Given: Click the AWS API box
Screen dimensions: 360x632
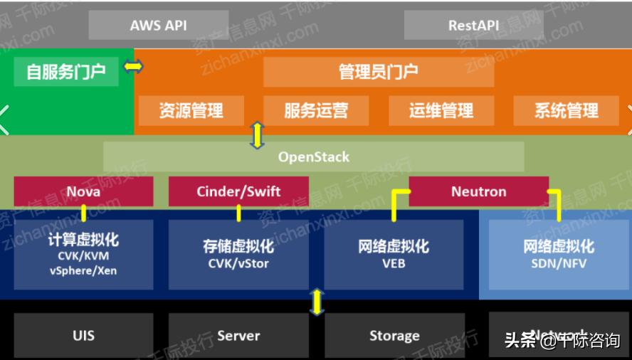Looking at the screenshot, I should click(x=158, y=25).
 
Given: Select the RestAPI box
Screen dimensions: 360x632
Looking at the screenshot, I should click(x=473, y=25).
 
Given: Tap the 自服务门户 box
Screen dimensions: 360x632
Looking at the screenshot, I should click(x=66, y=71).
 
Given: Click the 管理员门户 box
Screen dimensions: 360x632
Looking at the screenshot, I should click(x=378, y=71).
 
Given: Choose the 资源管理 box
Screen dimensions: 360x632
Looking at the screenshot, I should click(x=191, y=110).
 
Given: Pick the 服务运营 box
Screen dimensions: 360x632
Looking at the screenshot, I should click(x=316, y=110).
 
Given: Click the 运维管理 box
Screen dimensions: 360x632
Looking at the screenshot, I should click(x=441, y=110).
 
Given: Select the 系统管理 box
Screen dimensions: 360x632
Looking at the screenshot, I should click(x=567, y=110).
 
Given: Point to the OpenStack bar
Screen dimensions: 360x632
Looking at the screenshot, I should click(x=314, y=157).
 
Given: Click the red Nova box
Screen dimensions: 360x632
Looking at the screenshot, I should click(x=83, y=191).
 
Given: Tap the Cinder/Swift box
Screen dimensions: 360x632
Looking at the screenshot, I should click(x=238, y=191).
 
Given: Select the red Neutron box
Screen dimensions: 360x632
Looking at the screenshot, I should click(x=478, y=191).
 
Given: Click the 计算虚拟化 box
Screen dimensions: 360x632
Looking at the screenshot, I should click(x=83, y=254).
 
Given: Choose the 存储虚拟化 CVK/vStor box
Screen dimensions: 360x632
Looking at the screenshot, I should click(x=238, y=254).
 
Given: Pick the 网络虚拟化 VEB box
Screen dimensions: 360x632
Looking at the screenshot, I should click(x=394, y=254).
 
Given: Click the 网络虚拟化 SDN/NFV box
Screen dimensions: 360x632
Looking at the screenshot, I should click(x=559, y=254).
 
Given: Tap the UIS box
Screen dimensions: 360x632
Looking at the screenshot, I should click(x=83, y=335).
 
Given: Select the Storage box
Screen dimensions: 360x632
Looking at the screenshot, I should click(x=394, y=335).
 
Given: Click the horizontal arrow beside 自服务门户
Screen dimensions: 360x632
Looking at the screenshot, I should click(x=133, y=67).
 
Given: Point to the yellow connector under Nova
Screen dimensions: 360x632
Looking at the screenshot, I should click(x=83, y=213).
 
